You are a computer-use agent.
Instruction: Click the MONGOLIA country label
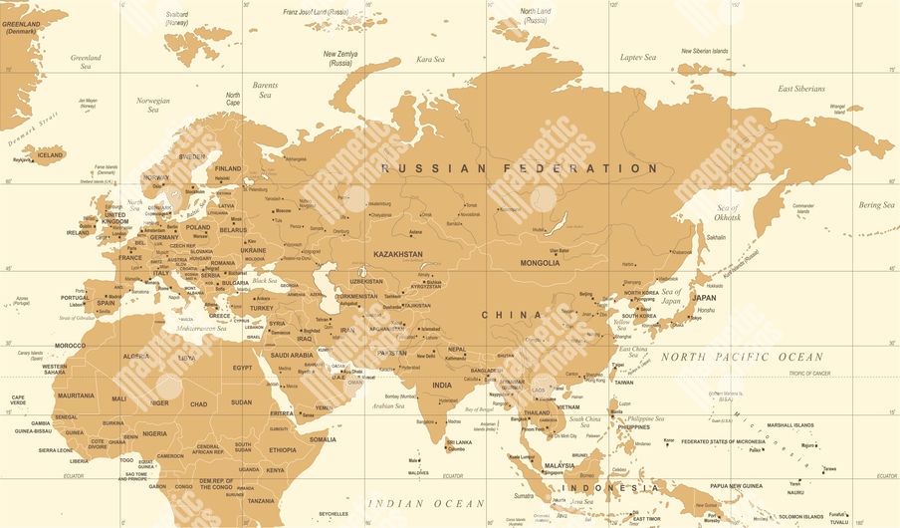coord(540,263)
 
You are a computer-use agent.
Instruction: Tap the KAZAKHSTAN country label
coord(398,254)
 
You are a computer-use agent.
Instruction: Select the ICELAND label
coord(50,155)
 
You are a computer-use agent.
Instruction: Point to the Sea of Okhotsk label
coord(728,212)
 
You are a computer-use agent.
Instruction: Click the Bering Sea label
coord(876,205)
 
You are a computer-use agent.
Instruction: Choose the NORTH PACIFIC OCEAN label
coord(742,357)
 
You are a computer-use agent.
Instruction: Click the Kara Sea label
coord(431,60)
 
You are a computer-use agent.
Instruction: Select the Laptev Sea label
coord(638,58)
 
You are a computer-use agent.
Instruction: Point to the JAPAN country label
coord(704,297)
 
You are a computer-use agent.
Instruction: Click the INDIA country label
coord(441,385)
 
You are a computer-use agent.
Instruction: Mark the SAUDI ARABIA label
coord(293,355)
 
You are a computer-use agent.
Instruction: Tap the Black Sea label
coord(265,281)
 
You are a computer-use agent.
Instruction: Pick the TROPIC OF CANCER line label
coord(809,373)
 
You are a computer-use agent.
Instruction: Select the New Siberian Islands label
coord(704,51)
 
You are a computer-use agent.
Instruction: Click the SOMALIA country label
coord(323,438)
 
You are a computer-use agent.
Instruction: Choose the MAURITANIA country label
coord(76,396)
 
